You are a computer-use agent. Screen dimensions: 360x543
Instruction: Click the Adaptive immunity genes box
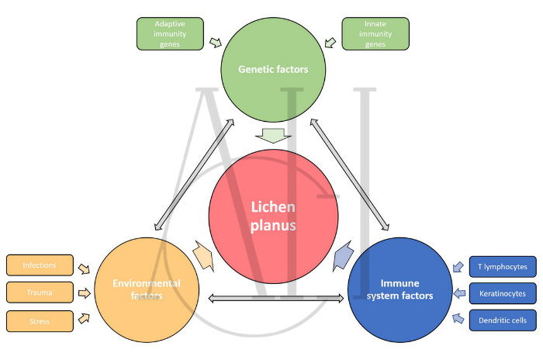[x=170, y=34]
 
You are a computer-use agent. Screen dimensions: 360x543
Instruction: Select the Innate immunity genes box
[x=375, y=34]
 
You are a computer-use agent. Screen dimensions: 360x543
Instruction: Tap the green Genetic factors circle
[x=273, y=69]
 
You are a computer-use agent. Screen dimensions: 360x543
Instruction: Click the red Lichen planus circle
[x=273, y=215]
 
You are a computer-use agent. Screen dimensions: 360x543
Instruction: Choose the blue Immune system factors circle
[x=400, y=289]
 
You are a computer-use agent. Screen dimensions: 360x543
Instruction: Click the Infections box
[x=40, y=265]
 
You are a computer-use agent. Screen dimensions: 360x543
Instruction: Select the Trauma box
[x=40, y=292]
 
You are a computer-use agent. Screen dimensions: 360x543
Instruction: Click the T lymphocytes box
[x=502, y=267]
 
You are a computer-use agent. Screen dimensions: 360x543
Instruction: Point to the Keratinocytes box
[x=502, y=293]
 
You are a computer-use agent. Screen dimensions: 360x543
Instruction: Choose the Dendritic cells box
[x=502, y=320]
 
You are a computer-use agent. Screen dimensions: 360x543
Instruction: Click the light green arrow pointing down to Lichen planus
[x=276, y=135]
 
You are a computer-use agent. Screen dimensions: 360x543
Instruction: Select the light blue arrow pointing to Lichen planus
[x=343, y=255]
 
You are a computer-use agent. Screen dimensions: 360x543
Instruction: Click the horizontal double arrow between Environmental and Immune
[x=276, y=298]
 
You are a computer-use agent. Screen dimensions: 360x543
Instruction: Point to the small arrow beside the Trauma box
[x=84, y=292]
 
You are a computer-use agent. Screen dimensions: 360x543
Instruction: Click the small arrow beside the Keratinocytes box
[x=458, y=293]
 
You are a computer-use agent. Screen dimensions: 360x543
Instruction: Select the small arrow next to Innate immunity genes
[x=330, y=41]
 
